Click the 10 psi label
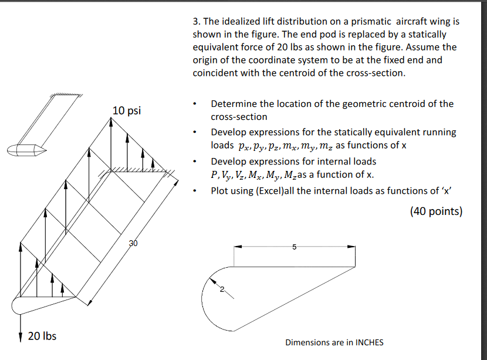[x=127, y=110]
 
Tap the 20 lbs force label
[x=42, y=336]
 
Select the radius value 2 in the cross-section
[x=222, y=289]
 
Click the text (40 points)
[x=436, y=211]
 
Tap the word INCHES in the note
[x=367, y=342]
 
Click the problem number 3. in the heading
[x=197, y=21]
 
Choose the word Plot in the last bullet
[x=221, y=190]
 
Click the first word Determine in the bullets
[x=234, y=104]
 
